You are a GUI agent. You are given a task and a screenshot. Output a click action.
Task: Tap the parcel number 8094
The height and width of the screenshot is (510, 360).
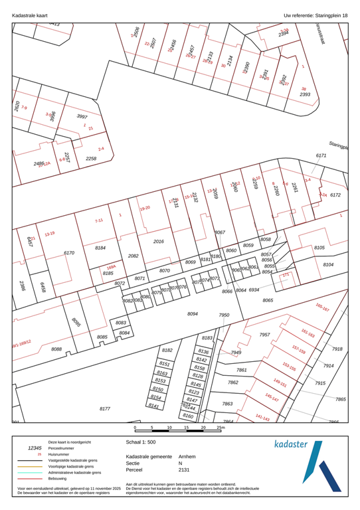[x=193, y=313]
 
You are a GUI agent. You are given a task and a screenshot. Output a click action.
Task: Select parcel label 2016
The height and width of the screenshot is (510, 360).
[x=158, y=242]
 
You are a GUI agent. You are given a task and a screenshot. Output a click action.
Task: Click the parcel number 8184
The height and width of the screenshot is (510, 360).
[x=100, y=248]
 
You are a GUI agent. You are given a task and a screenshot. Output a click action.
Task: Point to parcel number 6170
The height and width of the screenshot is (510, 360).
[x=68, y=253]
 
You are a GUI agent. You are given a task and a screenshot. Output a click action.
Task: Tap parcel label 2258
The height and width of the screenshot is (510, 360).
[x=91, y=159]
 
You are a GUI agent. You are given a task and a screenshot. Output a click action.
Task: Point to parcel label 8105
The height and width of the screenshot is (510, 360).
[x=319, y=248]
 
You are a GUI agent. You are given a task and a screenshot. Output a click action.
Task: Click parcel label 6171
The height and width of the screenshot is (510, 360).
[x=321, y=155]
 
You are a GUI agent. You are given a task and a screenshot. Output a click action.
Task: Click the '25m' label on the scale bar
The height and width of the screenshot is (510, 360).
[x=221, y=428]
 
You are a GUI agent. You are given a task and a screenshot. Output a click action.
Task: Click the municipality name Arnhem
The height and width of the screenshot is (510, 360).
[x=188, y=458]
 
